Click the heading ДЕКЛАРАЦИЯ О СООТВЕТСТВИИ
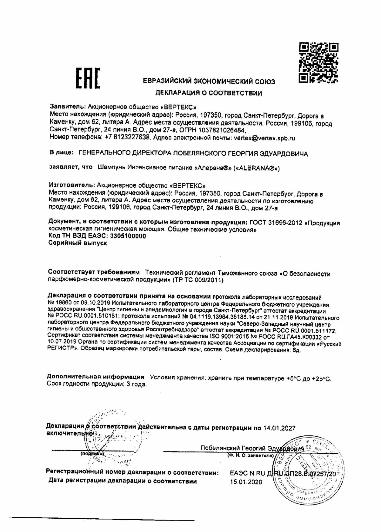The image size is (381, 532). tap(209, 93)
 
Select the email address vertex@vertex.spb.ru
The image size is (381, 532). tap(264, 138)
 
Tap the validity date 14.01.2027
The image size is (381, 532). tap(279, 428)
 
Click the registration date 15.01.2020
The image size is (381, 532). tap(246, 482)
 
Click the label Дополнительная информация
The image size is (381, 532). tap(96, 377)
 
